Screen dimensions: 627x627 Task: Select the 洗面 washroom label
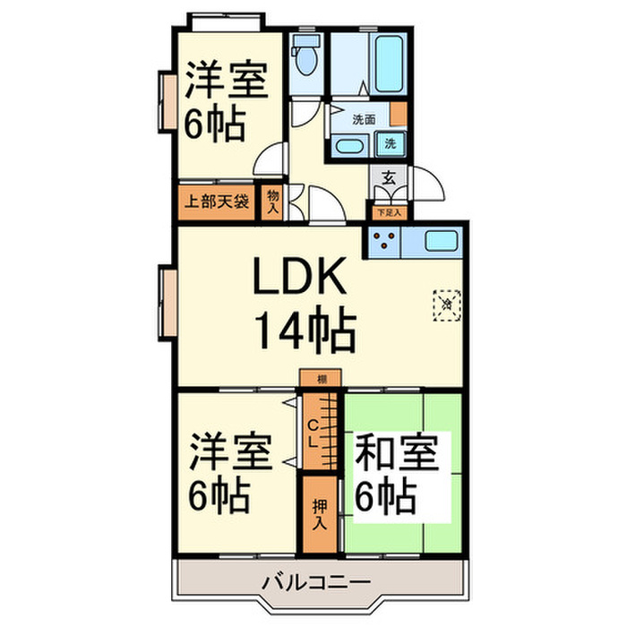tap(363, 118)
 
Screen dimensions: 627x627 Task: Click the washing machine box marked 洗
tap(391, 142)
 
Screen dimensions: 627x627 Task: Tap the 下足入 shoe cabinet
tap(389, 213)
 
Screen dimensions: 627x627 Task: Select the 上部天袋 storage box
tap(217, 201)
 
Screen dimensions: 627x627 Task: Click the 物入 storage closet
tap(272, 201)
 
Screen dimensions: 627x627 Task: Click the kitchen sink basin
tap(441, 240)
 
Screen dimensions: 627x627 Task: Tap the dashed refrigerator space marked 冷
tap(447, 303)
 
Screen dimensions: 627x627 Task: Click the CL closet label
tap(313, 434)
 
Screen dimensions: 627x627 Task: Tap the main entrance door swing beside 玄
tap(428, 186)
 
